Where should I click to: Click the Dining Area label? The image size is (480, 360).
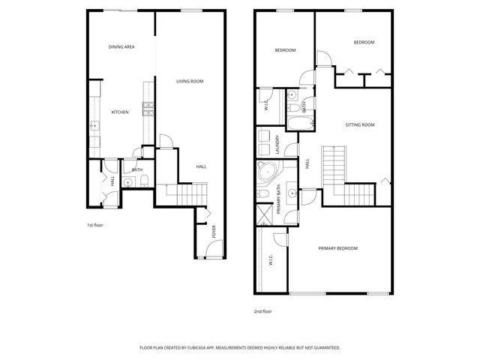pos(121,47)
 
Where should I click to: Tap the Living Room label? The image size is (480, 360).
pos(190,81)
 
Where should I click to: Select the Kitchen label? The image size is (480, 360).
pos(120,112)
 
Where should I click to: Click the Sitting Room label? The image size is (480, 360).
pos(359,124)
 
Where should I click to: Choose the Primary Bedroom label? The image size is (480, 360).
pos(337,248)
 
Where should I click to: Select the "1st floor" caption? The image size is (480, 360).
pos(94,224)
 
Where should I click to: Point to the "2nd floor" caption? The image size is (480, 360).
pos(262,310)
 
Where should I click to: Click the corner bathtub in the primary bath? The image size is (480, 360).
pos(265,172)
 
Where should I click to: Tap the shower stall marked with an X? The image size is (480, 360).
pos(264,214)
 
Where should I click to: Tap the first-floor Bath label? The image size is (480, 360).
pos(137,170)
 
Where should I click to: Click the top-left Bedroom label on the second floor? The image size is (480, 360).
pos(285,50)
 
